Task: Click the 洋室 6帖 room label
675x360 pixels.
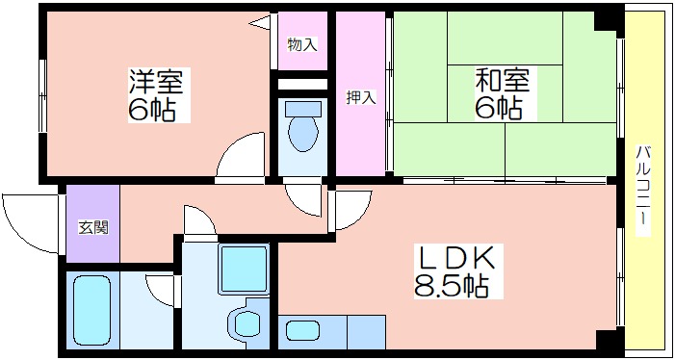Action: [159, 95]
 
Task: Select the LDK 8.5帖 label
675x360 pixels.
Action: [452, 270]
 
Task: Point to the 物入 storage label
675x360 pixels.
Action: [302, 44]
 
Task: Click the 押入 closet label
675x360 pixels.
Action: [361, 97]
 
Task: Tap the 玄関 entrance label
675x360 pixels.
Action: [93, 227]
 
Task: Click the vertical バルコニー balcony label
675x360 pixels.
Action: [644, 191]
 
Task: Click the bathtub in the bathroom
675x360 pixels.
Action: [91, 311]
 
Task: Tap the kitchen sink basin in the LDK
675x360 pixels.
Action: [302, 332]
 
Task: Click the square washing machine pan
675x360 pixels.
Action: [244, 270]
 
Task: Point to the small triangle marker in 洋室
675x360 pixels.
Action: [260, 22]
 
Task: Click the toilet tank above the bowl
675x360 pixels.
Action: [302, 109]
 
